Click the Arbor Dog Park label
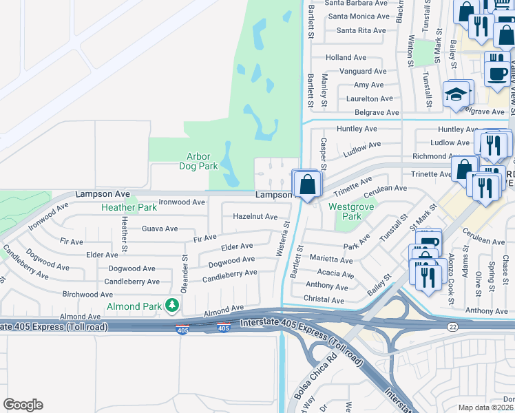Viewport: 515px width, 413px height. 198,161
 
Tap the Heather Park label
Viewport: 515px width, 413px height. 129,207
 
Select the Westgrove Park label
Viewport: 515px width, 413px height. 345,211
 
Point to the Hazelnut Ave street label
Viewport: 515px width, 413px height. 255,216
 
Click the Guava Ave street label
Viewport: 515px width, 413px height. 159,229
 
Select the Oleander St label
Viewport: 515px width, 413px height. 185,275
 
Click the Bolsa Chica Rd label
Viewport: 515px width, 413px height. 322,371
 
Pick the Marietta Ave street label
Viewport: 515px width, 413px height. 330,260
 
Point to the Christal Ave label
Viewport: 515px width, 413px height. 324,300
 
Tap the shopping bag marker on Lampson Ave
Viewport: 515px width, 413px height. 306,185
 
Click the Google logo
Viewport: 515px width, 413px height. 23,405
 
